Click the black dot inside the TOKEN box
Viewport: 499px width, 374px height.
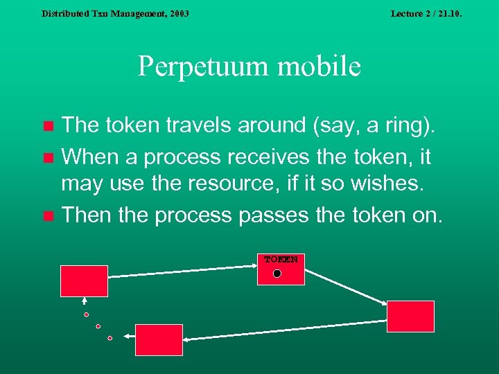[x=277, y=274]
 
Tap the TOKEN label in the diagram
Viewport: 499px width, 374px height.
[x=280, y=260]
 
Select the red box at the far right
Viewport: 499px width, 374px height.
[x=410, y=317]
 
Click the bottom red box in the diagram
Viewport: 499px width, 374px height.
[x=159, y=339]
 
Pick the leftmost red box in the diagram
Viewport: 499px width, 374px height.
[x=84, y=280]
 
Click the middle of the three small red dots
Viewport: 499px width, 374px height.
[x=98, y=326]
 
